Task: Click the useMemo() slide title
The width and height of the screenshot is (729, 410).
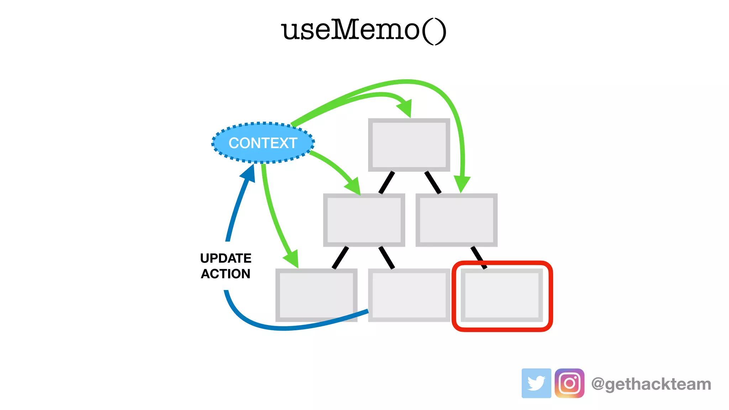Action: click(363, 30)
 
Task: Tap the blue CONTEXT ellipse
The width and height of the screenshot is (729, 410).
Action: click(263, 143)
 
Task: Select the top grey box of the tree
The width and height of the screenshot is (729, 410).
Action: click(409, 145)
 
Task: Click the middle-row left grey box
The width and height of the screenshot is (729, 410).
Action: click(364, 220)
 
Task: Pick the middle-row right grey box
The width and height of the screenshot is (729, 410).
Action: click(456, 220)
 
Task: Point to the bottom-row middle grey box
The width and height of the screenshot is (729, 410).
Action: click(409, 295)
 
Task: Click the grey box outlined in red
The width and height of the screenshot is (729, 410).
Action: click(502, 295)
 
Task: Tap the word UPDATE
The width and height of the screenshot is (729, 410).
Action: click(226, 258)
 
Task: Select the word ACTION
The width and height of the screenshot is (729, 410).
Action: click(226, 274)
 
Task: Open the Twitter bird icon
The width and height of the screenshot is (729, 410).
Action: click(536, 383)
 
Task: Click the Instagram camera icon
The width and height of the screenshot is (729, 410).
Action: click(569, 383)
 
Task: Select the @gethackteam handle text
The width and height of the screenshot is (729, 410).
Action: click(651, 384)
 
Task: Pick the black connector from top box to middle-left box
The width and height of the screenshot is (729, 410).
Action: click(387, 183)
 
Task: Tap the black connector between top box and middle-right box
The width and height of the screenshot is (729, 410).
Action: click(433, 183)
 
